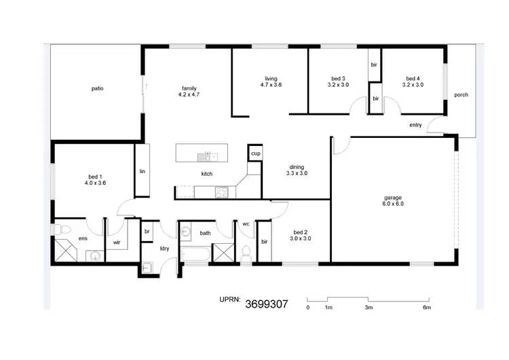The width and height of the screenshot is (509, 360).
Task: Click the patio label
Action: point(98,88)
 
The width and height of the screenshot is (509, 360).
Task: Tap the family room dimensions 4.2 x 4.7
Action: point(189,96)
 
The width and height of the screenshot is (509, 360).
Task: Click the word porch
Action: point(461,95)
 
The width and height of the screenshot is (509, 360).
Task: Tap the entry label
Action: point(415,125)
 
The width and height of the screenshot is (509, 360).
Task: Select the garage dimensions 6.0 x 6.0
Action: point(393,204)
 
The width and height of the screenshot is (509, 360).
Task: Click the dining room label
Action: point(297,166)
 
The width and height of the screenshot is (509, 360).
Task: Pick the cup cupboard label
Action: point(255,154)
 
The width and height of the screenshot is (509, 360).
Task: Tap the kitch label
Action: point(207,174)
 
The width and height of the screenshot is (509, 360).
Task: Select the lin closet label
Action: point(143,171)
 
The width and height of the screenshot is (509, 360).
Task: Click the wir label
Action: point(117,241)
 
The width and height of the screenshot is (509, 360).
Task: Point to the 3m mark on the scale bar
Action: point(368,308)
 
